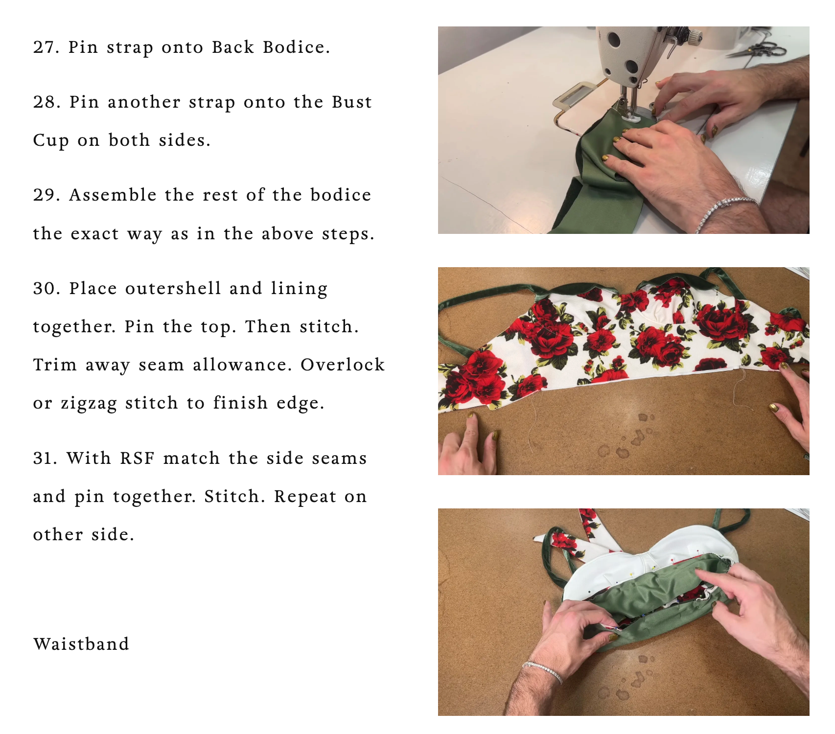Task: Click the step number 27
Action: coord(46,47)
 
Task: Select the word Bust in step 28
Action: coord(352,102)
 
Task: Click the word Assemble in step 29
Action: coord(113,195)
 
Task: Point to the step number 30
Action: coord(46,289)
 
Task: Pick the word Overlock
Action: coord(343,365)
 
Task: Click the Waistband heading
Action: coord(81,644)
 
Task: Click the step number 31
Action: coord(46,459)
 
